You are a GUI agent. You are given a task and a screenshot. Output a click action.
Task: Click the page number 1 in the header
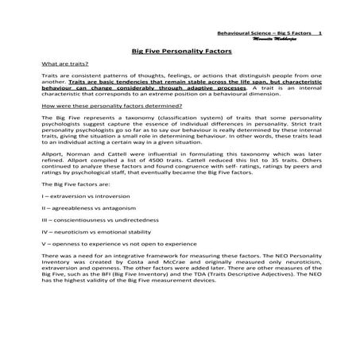tap(319, 33)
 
